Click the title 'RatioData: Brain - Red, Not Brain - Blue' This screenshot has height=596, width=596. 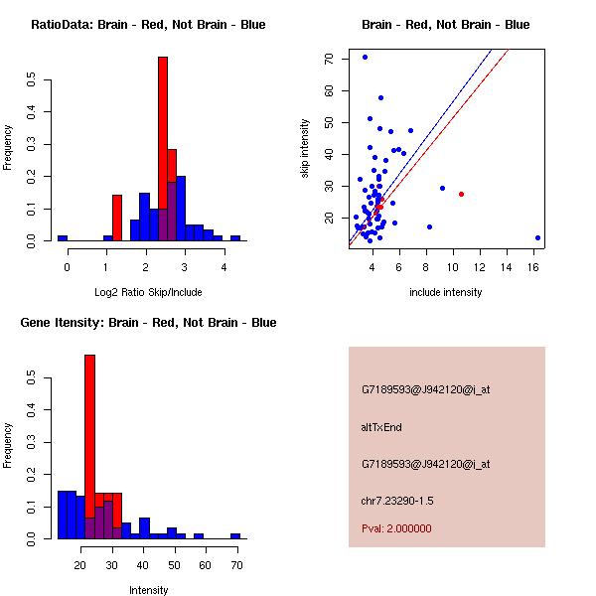pyautogui.click(x=148, y=25)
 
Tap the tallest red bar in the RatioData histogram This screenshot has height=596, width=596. pyautogui.click(x=163, y=149)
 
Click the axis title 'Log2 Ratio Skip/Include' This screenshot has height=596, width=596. pyautogui.click(x=148, y=292)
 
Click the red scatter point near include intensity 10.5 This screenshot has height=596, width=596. pyautogui.click(x=461, y=194)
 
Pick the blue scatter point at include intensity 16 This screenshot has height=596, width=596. pyautogui.click(x=537, y=237)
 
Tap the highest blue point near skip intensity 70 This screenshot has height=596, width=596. pyautogui.click(x=365, y=57)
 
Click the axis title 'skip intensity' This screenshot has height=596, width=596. pyautogui.click(x=305, y=149)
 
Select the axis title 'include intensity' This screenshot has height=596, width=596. pyautogui.click(x=446, y=292)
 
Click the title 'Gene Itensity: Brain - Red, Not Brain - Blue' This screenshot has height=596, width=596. pyautogui.click(x=148, y=323)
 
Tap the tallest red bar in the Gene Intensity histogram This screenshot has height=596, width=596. pyautogui.click(x=89, y=446)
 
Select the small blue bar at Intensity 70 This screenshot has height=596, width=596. pyautogui.click(x=235, y=535)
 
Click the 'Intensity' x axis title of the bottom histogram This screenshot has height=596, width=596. pyautogui.click(x=148, y=590)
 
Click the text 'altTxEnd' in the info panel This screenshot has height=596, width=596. pyautogui.click(x=380, y=427)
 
